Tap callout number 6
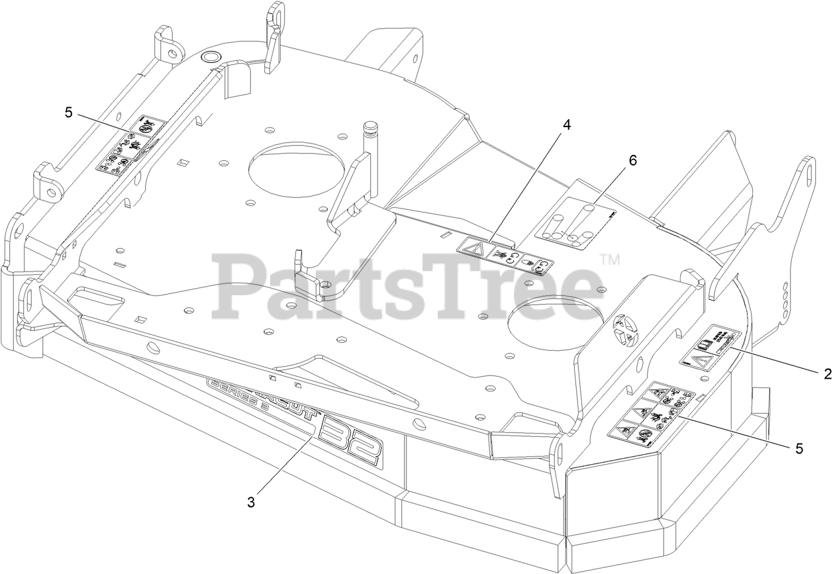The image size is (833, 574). pos(633,160)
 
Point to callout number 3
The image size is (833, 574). pos(251,502)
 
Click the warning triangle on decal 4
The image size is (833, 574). pos(472,250)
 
